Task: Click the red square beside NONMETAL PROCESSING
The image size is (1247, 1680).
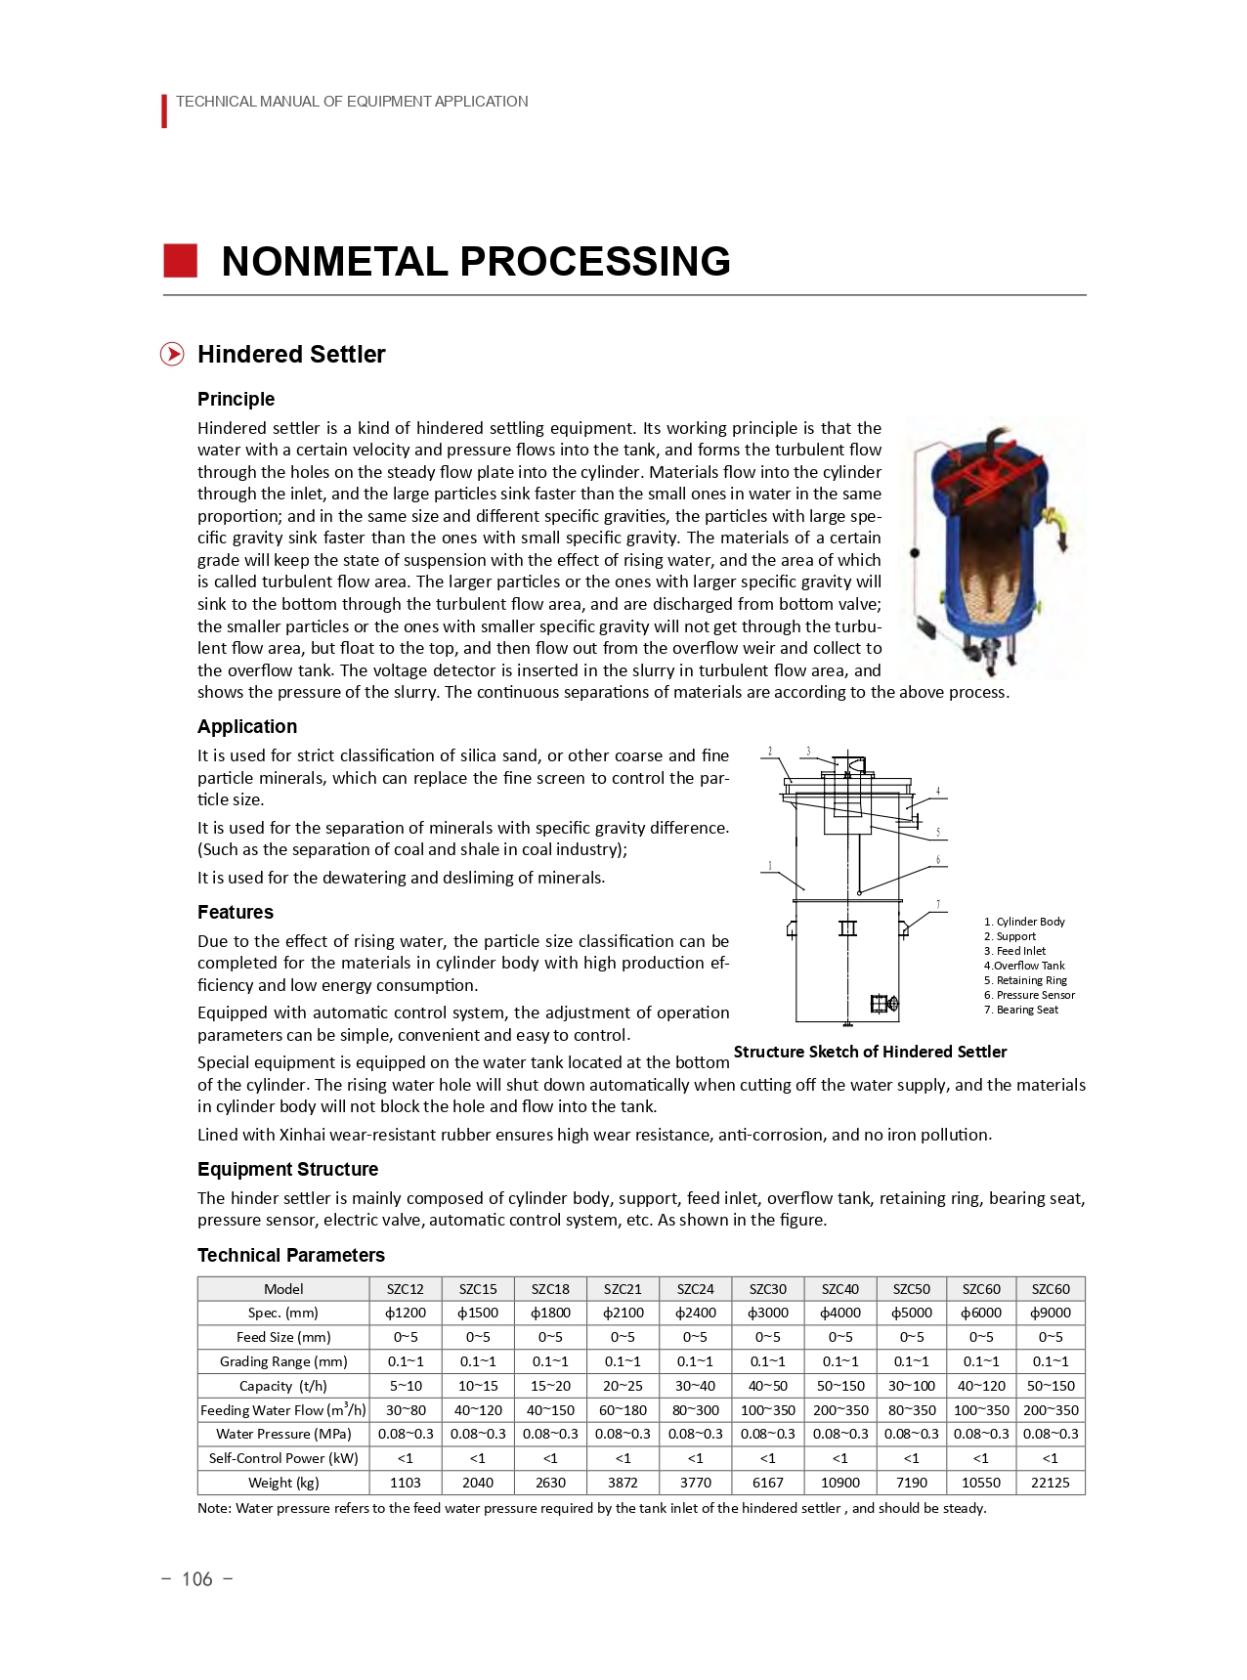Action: coord(180,261)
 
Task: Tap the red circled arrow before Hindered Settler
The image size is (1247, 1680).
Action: coord(172,354)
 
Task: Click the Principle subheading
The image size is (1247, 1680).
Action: coord(236,399)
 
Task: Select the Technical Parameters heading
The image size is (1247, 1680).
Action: coord(290,1255)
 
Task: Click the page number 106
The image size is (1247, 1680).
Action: coord(196,1579)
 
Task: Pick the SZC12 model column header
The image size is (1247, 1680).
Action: coord(406,1289)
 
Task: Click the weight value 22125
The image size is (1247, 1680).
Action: coord(1050,1483)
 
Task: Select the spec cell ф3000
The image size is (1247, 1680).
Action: coord(767,1313)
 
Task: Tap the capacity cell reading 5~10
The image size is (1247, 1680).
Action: coord(406,1386)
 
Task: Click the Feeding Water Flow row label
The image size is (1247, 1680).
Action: coord(283,1410)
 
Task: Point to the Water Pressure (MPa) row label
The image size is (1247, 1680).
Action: coord(283,1434)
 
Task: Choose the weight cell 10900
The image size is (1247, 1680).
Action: coord(839,1483)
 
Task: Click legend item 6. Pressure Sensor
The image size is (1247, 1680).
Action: coord(1029,995)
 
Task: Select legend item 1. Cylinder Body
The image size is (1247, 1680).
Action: coord(1024,922)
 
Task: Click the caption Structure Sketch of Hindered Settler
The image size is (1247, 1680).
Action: coord(870,1052)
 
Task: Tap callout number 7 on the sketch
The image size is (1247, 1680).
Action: coord(938,905)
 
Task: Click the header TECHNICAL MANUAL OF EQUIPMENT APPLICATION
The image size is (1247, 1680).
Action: coord(352,102)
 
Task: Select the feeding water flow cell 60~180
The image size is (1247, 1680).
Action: coord(623,1410)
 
